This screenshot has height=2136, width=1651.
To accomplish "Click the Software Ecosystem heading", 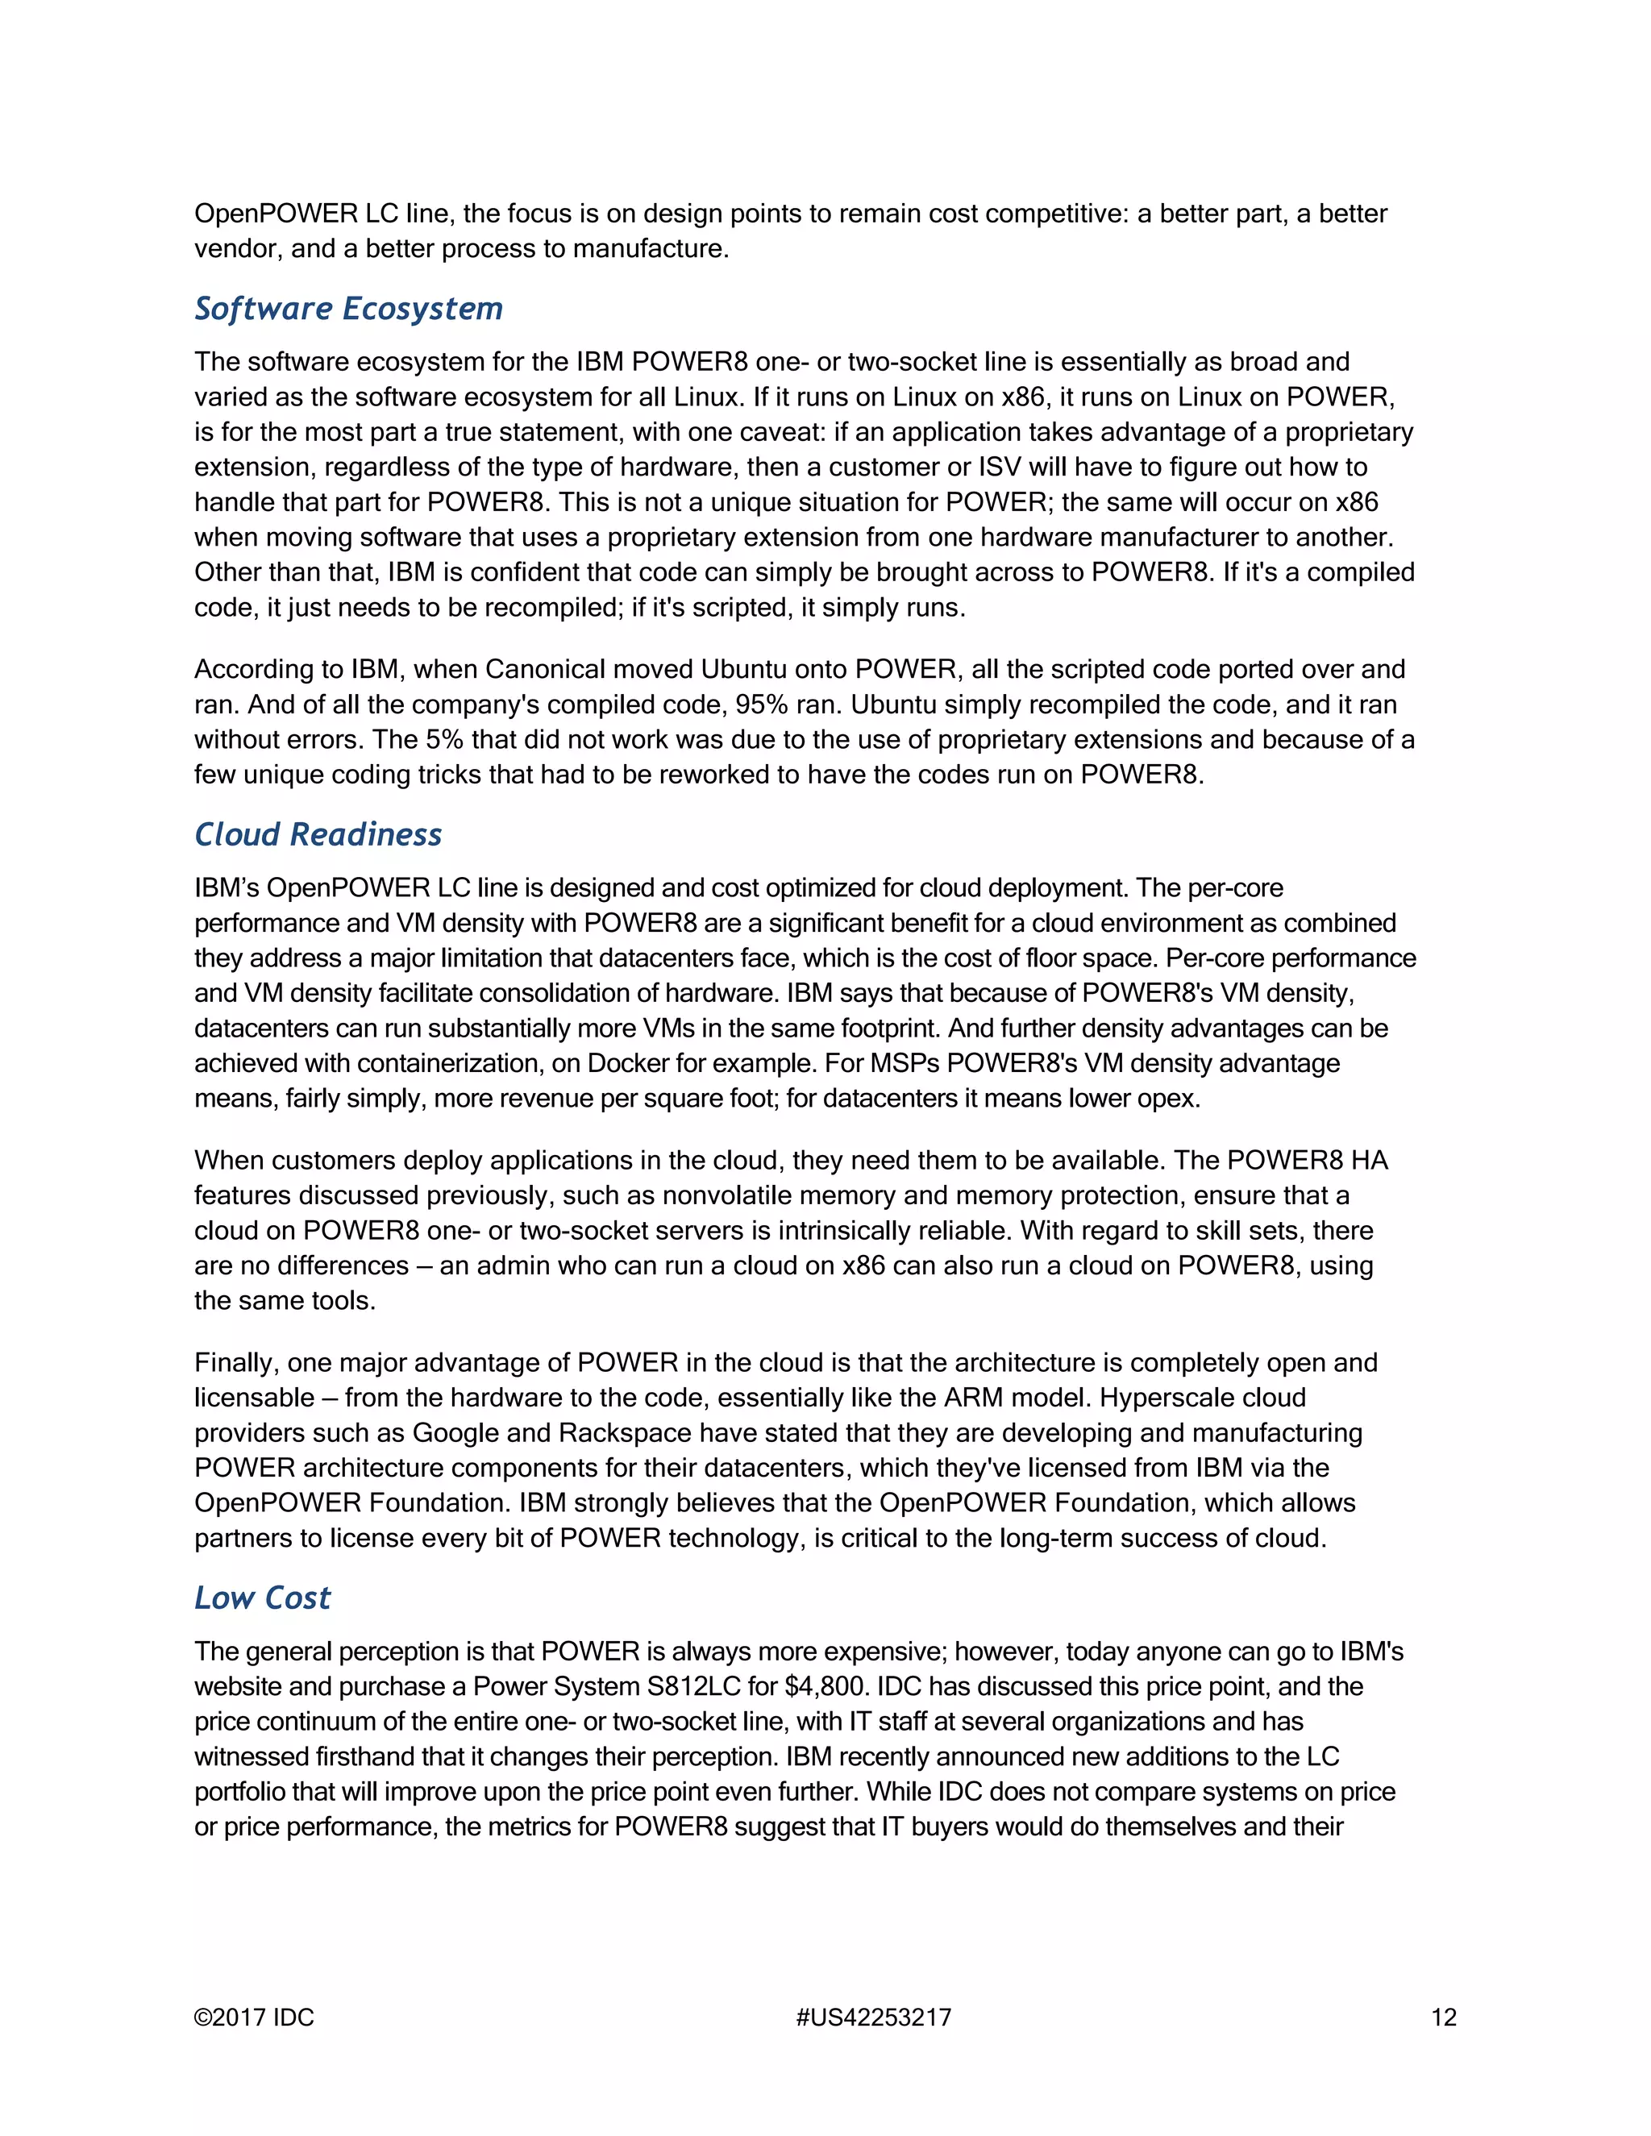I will point(348,309).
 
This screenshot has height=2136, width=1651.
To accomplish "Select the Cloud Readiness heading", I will point(318,834).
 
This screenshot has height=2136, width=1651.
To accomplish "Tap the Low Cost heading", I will point(262,1598).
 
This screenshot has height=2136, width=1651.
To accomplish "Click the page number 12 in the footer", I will point(1443,2018).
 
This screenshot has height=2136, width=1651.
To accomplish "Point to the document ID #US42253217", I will point(873,2018).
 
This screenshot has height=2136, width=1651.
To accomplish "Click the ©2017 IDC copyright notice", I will point(254,2018).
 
